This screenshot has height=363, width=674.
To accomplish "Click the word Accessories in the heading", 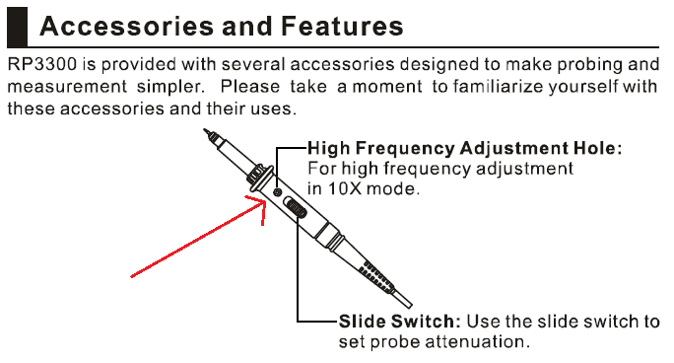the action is [127, 26].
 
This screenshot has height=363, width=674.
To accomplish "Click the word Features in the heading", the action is [342, 26].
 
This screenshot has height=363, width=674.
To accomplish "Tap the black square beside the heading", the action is [17, 27].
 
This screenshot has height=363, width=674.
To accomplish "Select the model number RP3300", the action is [42, 64].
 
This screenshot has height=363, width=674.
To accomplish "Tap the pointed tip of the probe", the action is [205, 130].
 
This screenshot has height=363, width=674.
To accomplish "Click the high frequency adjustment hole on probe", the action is [278, 191].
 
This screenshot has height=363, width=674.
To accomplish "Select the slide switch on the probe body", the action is [295, 207].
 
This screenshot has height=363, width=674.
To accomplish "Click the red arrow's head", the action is [259, 205].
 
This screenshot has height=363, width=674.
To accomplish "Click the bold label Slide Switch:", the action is [399, 322].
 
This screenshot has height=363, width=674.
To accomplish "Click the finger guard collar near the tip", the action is [259, 176].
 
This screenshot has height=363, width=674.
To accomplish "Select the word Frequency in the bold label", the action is [405, 149].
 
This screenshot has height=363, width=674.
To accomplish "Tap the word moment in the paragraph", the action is [387, 88].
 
